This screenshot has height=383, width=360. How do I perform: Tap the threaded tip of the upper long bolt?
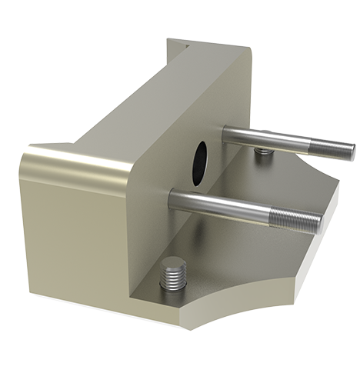pos(338,149)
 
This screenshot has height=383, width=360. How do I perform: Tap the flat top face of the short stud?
pos(174,265)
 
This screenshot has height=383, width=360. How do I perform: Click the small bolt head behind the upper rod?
pos(264,150)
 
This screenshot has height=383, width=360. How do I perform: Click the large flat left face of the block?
pos(69,231)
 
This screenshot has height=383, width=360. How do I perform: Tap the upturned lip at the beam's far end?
pos(178,48)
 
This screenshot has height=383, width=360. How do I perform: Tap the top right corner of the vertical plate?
pos(250,48)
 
